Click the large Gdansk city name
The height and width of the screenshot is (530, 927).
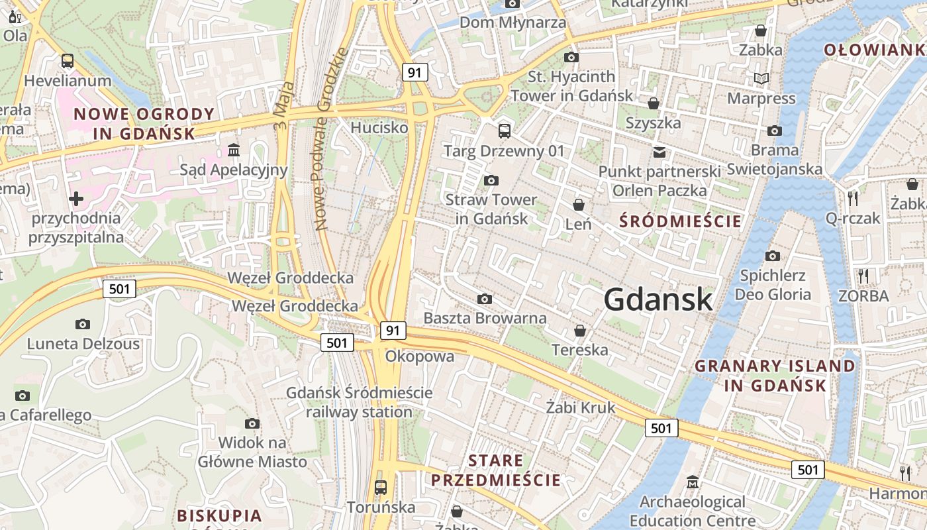pyautogui.click(x=658, y=300)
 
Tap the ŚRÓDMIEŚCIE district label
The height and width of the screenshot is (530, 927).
pyautogui.click(x=681, y=221)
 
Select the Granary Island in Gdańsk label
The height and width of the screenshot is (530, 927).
pyautogui.click(x=775, y=375)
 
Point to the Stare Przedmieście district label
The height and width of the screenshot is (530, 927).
pyautogui.click(x=496, y=470)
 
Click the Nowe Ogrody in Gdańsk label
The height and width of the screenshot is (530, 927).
pyautogui.click(x=144, y=123)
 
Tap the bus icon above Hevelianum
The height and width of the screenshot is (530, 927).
pyautogui.click(x=68, y=61)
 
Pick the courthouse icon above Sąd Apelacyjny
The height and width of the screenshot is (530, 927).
pyautogui.click(x=234, y=150)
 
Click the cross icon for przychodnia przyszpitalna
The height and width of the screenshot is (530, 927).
pyautogui.click(x=76, y=198)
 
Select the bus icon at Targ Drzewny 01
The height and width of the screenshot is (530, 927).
pyautogui.click(x=505, y=131)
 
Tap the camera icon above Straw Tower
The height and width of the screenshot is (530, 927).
pyautogui.click(x=491, y=180)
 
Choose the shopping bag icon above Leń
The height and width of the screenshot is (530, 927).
pyautogui.click(x=579, y=205)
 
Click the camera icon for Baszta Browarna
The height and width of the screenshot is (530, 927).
pyautogui.click(x=485, y=299)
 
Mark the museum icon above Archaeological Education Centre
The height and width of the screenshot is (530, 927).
pyautogui.click(x=693, y=482)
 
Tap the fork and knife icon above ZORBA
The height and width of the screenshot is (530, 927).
pyautogui.click(x=863, y=276)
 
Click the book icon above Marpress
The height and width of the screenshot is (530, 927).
pyautogui.click(x=761, y=79)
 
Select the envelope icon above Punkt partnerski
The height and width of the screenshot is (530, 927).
pyautogui.click(x=659, y=152)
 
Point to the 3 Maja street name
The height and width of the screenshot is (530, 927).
pyautogui.click(x=283, y=104)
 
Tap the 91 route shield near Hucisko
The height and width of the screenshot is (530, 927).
pyautogui.click(x=415, y=72)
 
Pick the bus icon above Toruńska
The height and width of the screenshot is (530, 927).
pyautogui.click(x=381, y=488)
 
